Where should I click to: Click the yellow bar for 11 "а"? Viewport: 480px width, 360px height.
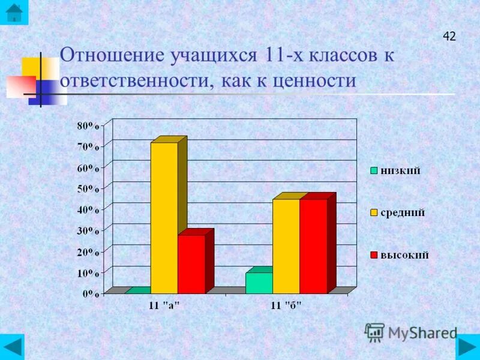pos(164,217)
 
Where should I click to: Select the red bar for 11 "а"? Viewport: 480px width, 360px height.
pos(191,264)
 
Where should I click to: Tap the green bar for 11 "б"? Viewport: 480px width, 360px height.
pos(259,283)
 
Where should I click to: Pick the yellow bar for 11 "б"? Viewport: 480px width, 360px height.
pos(286,246)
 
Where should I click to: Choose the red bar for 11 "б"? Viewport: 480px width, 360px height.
pos(313,246)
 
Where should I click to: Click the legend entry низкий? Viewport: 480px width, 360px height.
pos(399,170)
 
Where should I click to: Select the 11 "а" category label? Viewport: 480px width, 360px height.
pos(164,306)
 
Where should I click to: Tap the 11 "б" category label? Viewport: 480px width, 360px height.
pos(286,306)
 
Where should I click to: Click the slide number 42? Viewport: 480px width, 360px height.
pos(449,37)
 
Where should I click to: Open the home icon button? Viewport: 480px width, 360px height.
pos(13,13)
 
